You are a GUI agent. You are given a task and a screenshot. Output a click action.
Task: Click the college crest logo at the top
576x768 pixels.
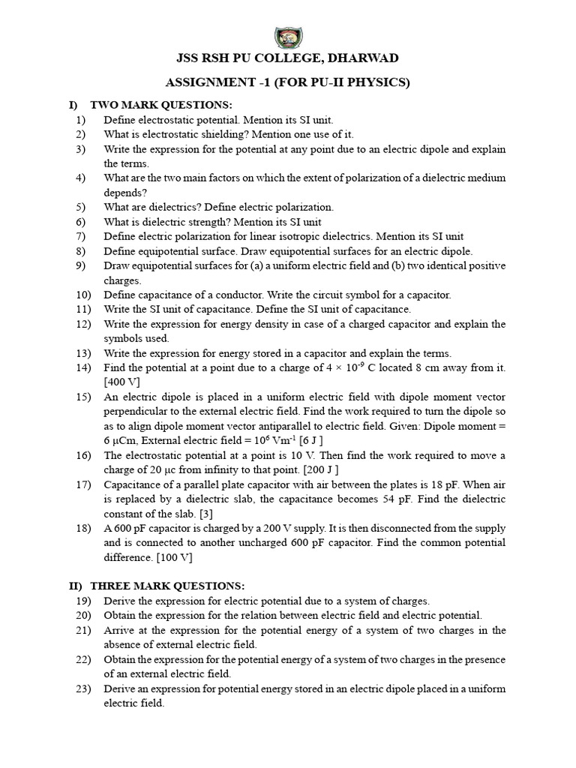287,36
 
